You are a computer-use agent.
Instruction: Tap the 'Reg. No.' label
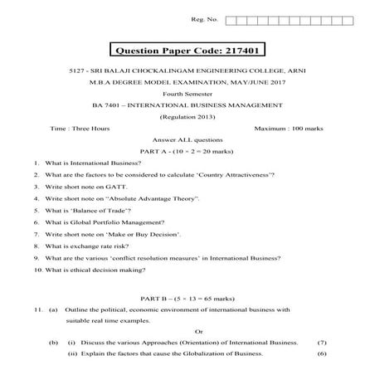click(203, 18)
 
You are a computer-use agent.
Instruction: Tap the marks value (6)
click(322, 354)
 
